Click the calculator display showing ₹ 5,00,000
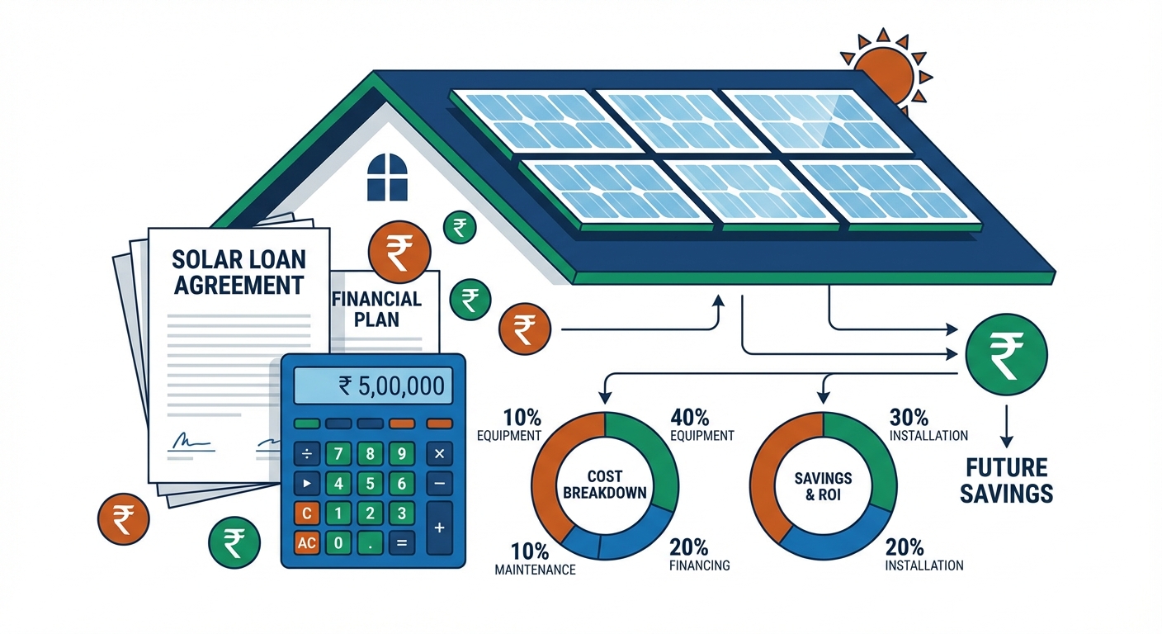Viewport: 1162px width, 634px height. (373, 386)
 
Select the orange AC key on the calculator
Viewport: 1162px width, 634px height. (306, 543)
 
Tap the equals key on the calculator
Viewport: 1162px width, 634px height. (402, 543)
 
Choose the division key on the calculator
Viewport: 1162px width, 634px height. (306, 453)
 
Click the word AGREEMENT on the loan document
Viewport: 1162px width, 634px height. (239, 286)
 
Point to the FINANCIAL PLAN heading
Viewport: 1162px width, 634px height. (376, 309)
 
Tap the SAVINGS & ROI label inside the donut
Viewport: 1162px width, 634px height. (823, 487)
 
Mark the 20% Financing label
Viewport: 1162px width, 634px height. (700, 555)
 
